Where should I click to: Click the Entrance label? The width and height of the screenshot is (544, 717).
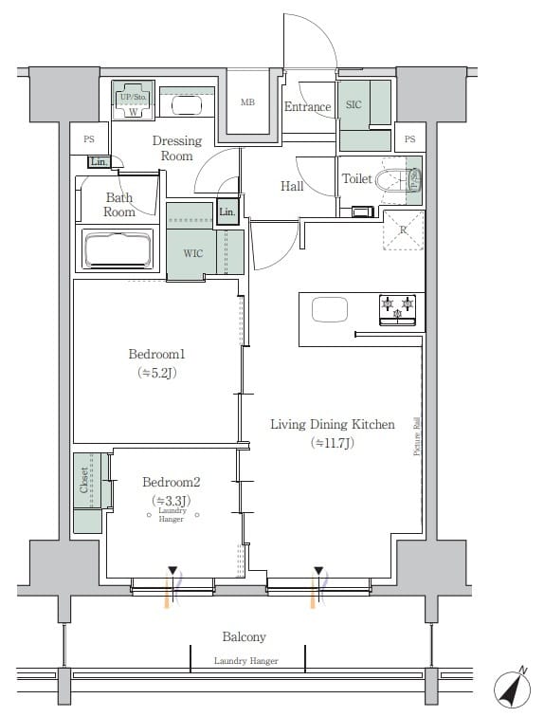pyautogui.click(x=307, y=107)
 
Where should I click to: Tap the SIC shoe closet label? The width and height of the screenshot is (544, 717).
pyautogui.click(x=354, y=105)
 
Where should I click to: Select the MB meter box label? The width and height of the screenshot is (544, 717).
pyautogui.click(x=247, y=102)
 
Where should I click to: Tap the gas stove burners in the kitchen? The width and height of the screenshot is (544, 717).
pyautogui.click(x=397, y=305)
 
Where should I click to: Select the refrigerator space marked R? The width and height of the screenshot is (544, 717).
pyautogui.click(x=403, y=230)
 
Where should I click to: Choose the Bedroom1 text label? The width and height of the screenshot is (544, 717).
pyautogui.click(x=156, y=355)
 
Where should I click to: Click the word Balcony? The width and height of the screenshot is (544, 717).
pyautogui.click(x=244, y=637)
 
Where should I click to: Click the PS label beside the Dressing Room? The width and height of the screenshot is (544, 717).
pyautogui.click(x=90, y=138)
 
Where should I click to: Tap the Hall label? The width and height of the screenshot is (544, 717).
pyautogui.click(x=292, y=186)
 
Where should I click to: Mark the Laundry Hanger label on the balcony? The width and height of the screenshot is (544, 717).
pyautogui.click(x=245, y=661)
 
